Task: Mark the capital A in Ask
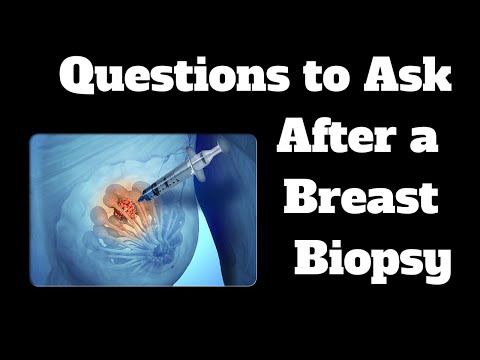coord(375,76)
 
